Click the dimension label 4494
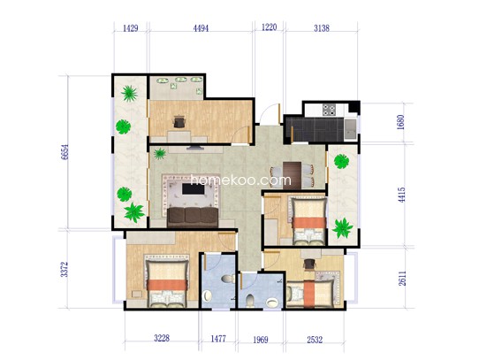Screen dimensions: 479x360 201,28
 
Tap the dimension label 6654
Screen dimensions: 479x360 65,152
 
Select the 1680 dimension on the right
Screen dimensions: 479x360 401,122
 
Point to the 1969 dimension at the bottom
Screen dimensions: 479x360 261,340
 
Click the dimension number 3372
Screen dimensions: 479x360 65,269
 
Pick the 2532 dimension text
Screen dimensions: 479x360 315,340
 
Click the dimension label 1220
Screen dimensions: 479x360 270,27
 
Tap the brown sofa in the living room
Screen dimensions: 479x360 193,217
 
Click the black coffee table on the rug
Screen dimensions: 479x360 193,188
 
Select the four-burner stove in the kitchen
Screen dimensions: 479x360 330,110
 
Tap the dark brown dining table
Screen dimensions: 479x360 292,175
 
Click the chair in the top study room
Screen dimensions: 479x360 179,121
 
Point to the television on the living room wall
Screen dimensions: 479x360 195,148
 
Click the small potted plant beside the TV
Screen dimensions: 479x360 160,154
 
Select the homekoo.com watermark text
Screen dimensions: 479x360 241,180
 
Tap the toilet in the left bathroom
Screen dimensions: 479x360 228,279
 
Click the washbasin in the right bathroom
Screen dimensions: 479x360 272,303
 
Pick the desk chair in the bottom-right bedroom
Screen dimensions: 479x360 309,264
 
